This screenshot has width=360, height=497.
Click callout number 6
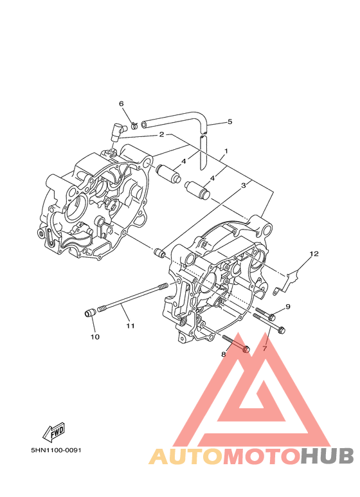coord(122,104)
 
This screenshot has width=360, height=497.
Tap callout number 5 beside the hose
coord(230,122)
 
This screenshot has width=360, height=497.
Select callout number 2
coord(161,135)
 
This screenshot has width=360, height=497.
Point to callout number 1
coord(226,151)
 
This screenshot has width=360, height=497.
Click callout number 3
coord(244,185)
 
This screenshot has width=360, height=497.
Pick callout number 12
coord(314,253)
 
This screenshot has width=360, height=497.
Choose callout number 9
coord(288,307)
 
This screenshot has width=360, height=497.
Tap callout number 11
coord(130,325)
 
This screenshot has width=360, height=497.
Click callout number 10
coord(95,337)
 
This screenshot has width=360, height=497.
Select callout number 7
coord(265,348)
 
